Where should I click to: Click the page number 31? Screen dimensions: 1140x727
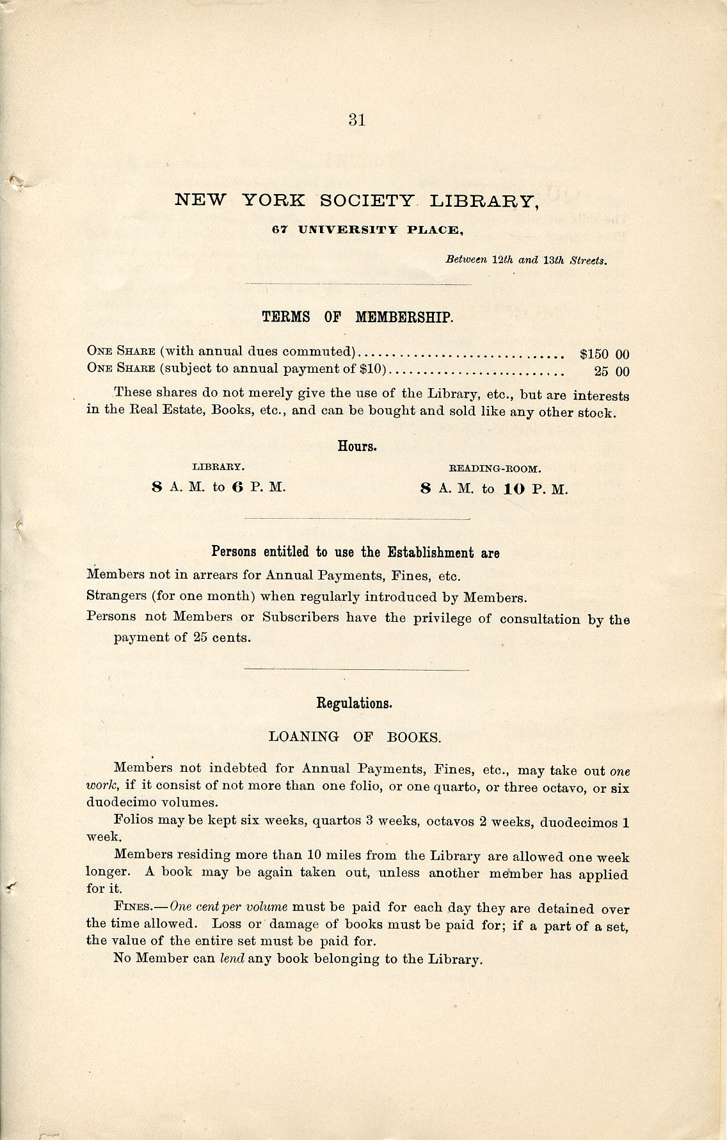[x=357, y=120]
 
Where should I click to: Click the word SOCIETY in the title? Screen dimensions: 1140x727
[x=367, y=200]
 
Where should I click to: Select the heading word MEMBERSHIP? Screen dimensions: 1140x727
[x=404, y=317]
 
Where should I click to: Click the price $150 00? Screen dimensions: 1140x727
[x=604, y=354]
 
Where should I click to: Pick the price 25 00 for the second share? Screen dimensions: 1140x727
[x=612, y=371]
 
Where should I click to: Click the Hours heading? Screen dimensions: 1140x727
[x=357, y=446]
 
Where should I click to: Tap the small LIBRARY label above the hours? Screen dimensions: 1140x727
[x=219, y=467]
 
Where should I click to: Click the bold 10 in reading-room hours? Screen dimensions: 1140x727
[x=513, y=489]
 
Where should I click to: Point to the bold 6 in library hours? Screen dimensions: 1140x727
[x=237, y=487]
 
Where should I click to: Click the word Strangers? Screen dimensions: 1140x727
[x=116, y=596]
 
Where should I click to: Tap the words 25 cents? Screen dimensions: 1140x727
[x=221, y=638]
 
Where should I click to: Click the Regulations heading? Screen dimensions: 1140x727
[x=354, y=703]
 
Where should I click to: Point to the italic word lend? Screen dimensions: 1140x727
[x=232, y=959]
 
